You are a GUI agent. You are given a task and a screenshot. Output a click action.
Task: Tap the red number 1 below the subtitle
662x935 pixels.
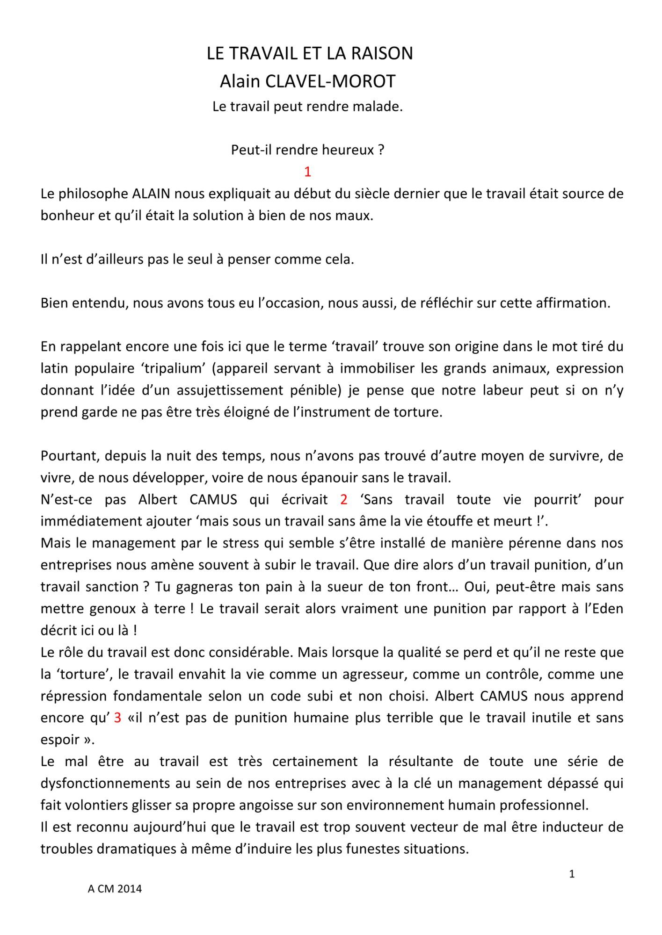307,172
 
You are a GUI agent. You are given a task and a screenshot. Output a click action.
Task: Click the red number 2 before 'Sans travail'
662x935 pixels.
344,499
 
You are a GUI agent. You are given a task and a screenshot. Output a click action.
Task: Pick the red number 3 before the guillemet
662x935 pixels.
117,718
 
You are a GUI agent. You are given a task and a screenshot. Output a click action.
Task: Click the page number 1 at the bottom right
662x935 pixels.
572,874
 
